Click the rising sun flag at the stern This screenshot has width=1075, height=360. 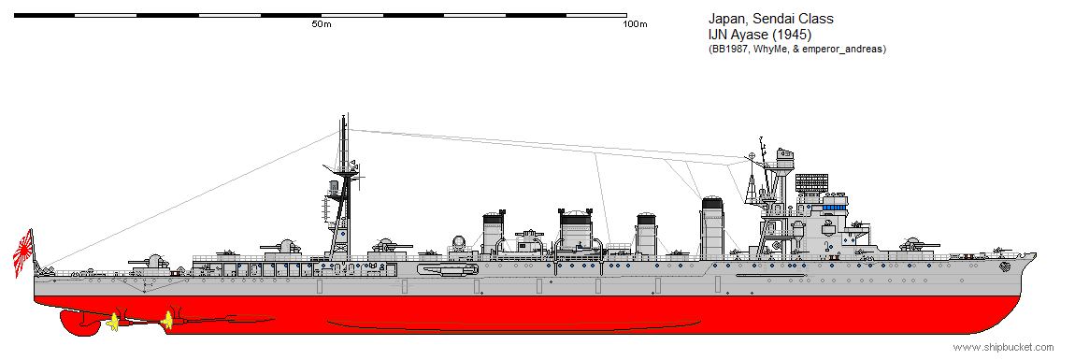click(23, 248)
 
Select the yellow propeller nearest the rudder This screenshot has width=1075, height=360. click(114, 322)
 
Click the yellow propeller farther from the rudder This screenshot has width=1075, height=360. click(168, 320)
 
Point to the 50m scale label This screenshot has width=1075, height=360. click(321, 23)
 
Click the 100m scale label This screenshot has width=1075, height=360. click(635, 23)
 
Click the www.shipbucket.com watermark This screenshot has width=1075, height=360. click(1003, 347)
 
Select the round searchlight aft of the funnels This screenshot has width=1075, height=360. click(458, 243)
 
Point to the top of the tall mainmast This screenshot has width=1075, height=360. click(344, 117)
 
